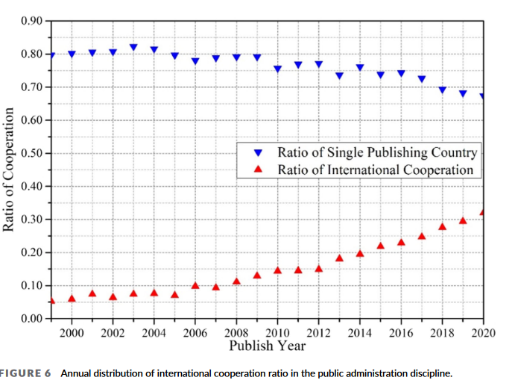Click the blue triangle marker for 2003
click(133, 47)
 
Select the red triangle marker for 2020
click(482, 212)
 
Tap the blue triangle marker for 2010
click(277, 69)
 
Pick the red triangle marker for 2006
click(195, 285)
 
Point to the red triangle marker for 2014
click(360, 253)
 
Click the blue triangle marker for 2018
click(442, 90)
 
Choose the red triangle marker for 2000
click(72, 298)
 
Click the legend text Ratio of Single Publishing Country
click(377, 152)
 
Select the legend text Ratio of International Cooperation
click(376, 169)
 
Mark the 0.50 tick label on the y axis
click(31, 153)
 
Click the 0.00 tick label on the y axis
click(31, 319)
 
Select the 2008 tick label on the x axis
click(236, 332)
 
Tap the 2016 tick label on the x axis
click(400, 332)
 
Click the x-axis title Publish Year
click(267, 346)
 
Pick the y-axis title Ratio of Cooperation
click(10, 169)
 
